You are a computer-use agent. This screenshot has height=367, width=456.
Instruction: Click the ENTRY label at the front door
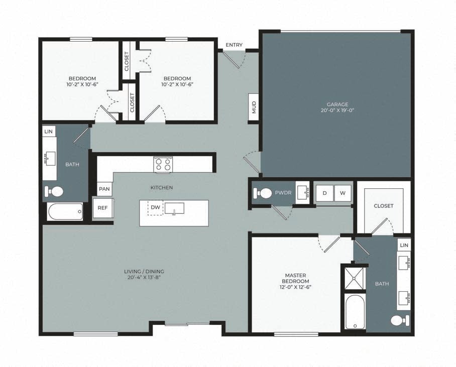(x=234, y=45)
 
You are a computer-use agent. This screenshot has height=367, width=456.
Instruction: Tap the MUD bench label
(x=254, y=107)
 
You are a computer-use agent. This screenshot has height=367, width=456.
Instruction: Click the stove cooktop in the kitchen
(x=163, y=165)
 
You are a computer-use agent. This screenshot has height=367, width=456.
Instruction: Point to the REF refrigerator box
(x=102, y=208)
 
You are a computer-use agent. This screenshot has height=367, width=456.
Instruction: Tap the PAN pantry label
(x=105, y=189)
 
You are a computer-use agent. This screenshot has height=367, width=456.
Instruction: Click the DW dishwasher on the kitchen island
(x=155, y=207)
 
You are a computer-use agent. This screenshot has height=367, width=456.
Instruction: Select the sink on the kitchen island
(x=174, y=208)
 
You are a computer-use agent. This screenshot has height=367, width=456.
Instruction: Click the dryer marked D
(x=324, y=193)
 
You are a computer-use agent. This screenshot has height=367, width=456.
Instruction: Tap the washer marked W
(x=343, y=193)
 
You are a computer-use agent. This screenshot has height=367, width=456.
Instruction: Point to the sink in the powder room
(x=302, y=193)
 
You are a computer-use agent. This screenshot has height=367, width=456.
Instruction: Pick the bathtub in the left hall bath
(x=65, y=212)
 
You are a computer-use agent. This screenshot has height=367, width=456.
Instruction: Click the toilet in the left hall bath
(x=54, y=191)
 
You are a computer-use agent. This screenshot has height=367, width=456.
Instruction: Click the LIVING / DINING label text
(x=144, y=272)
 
